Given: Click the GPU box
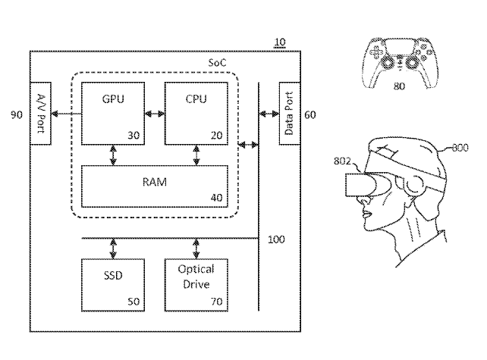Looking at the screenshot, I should click(x=112, y=113).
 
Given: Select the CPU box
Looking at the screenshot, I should click(x=196, y=113).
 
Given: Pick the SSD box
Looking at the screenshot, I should click(x=112, y=285).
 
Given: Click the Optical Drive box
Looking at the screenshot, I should click(x=196, y=285).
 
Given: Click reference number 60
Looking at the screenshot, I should click(x=310, y=115).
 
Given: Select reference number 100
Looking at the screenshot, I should click(x=276, y=239).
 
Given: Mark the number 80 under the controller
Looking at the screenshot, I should click(x=399, y=86).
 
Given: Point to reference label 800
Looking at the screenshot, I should click(x=460, y=149).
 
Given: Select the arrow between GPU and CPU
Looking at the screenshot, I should click(x=154, y=114).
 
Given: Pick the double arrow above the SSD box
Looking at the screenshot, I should click(x=112, y=249).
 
